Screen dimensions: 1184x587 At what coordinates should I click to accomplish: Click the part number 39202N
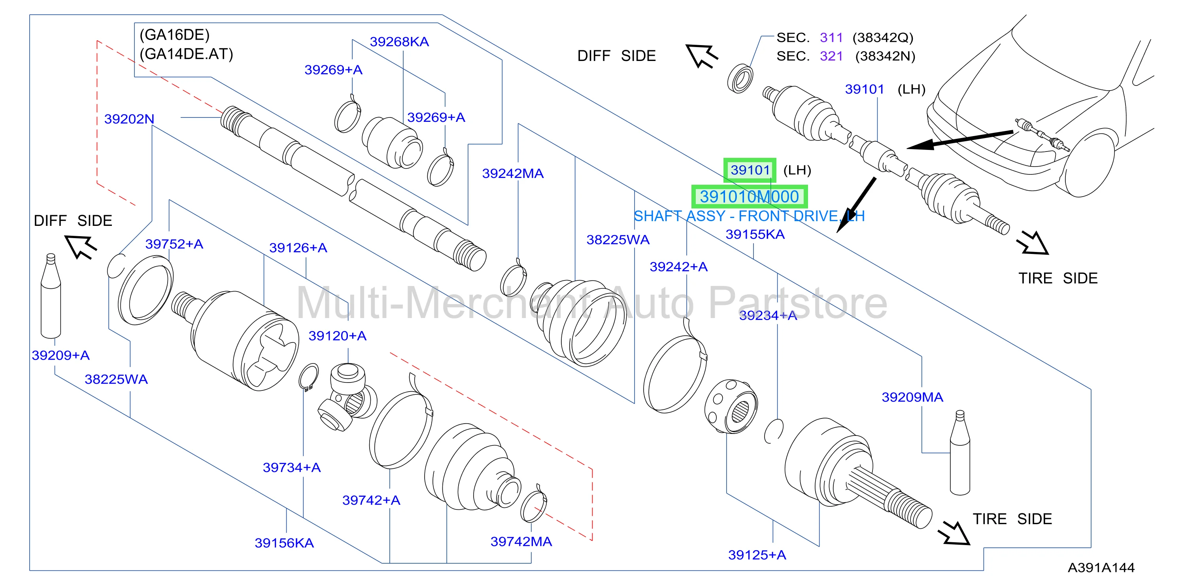(x=129, y=119)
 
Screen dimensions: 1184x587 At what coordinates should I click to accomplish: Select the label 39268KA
(x=399, y=42)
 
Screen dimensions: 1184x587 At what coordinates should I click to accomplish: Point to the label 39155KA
(x=755, y=234)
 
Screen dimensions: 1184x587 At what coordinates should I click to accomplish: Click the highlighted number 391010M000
(x=749, y=197)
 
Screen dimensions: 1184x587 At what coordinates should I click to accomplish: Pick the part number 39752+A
(x=174, y=244)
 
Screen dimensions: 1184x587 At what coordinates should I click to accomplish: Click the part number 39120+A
(x=337, y=336)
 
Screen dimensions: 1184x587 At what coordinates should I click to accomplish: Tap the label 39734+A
(x=291, y=468)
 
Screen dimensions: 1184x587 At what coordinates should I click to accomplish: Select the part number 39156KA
(x=284, y=543)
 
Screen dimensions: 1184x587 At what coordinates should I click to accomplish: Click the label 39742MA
(x=521, y=542)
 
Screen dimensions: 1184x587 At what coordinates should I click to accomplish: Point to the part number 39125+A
(x=757, y=555)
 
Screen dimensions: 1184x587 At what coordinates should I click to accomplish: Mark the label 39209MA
(x=912, y=397)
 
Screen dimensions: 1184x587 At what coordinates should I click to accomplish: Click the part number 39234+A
(x=768, y=316)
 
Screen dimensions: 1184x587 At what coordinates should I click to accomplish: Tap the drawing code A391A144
(x=1101, y=568)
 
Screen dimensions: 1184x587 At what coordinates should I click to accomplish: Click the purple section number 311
(x=831, y=37)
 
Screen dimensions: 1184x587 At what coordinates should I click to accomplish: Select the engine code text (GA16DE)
(x=174, y=35)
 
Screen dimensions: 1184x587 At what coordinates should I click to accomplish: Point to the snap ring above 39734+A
(x=308, y=377)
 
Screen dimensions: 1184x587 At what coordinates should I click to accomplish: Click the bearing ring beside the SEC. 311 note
(x=740, y=79)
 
